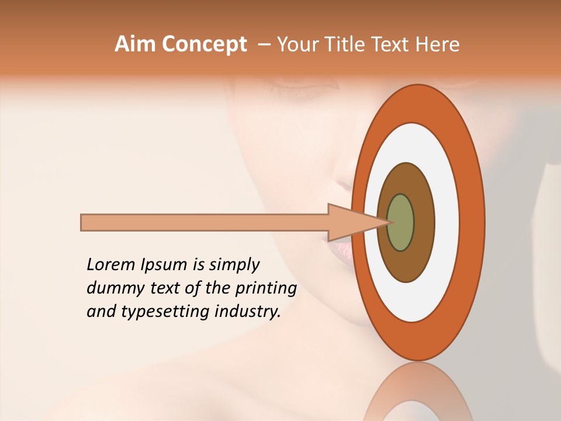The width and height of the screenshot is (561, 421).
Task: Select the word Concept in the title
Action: point(203,44)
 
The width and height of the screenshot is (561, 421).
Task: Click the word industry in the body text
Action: point(248,312)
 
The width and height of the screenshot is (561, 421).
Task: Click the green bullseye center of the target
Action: point(401,222)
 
